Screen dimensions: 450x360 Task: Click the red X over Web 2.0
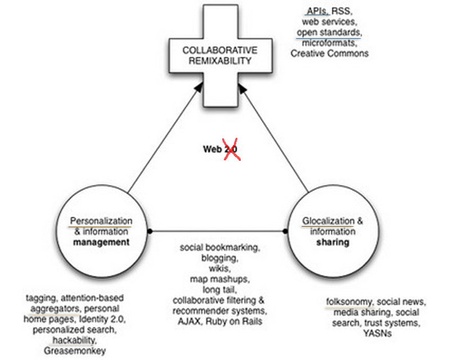[x=231, y=149]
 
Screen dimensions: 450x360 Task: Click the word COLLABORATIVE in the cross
[x=220, y=50]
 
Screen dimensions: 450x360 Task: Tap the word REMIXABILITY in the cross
[x=220, y=61]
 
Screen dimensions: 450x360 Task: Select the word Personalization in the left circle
[x=101, y=221]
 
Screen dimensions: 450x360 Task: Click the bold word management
[x=101, y=242]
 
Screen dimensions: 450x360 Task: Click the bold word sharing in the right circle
[x=333, y=242]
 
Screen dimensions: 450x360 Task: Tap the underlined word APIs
[x=317, y=11]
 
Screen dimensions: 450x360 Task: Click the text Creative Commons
[x=330, y=53]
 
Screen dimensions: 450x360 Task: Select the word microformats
[x=330, y=43]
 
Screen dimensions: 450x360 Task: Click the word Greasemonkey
[x=75, y=351]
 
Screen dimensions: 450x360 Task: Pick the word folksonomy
[x=349, y=301]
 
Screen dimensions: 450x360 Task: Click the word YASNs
[x=377, y=334]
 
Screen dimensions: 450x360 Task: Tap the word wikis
[x=220, y=268]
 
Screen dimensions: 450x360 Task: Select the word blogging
[x=220, y=258]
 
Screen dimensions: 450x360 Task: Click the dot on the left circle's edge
[x=150, y=231]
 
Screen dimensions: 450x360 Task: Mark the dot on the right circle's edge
[x=285, y=231]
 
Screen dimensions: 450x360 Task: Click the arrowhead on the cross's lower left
[x=199, y=88]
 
